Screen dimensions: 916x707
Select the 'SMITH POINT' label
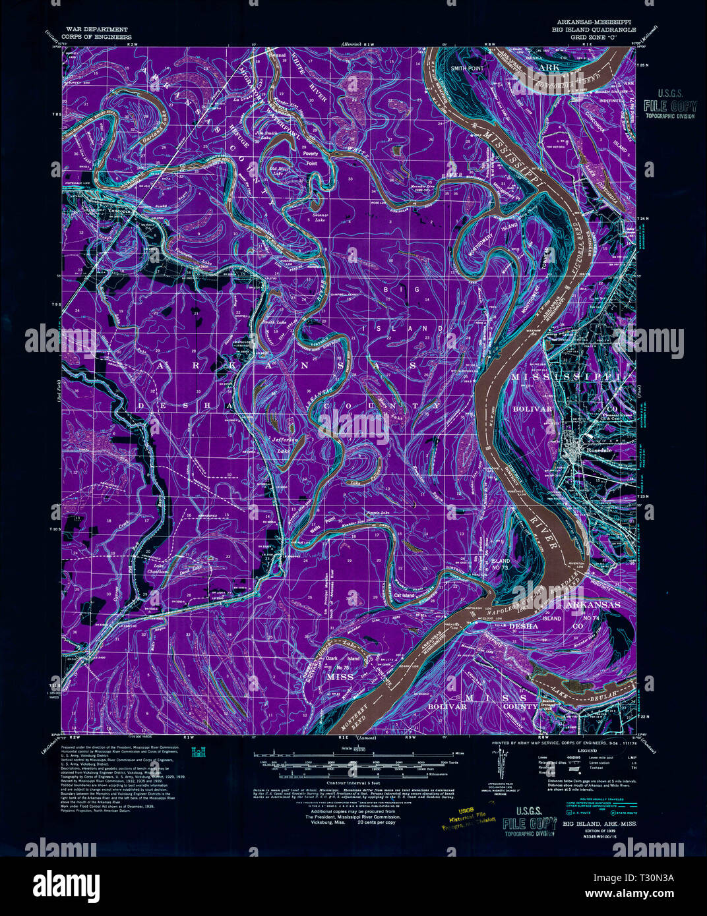click(x=466, y=68)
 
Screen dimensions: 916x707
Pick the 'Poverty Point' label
click(x=309, y=157)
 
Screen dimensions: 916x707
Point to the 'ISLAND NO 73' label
click(x=501, y=563)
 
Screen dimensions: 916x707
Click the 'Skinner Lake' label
click(x=319, y=217)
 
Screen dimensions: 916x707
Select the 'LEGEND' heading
click(x=586, y=751)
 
